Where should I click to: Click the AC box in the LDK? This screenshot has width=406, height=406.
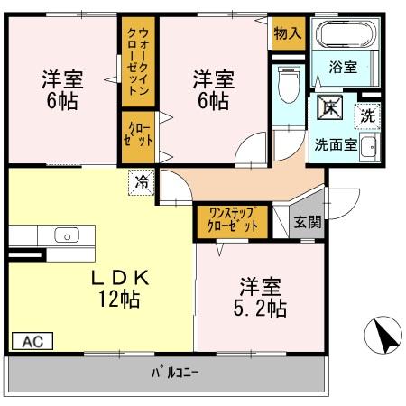coord(32,341)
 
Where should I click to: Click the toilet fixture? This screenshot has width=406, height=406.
coord(289,85)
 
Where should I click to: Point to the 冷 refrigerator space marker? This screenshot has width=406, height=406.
coord(142,182)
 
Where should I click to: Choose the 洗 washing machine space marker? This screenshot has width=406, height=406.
coord(367,116)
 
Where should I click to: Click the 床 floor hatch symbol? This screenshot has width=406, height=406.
coord(330,107)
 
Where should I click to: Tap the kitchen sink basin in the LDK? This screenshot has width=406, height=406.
coord(67,235)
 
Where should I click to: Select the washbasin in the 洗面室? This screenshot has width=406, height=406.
coord(368,147)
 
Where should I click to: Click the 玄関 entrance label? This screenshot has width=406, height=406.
coord(308,222)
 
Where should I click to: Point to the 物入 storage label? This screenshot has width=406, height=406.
coord(288,32)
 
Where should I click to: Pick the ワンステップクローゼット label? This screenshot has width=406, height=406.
coord(233,220)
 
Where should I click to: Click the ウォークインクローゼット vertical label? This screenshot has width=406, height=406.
coord(138,61)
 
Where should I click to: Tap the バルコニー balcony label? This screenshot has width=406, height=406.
coord(175,374)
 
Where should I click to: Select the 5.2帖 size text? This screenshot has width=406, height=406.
coord(260,309)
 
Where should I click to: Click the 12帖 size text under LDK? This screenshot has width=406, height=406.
coord(119,299)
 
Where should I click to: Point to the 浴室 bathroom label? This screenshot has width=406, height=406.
coord(343,67)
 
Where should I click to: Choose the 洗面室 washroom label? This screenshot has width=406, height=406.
coord(336,145)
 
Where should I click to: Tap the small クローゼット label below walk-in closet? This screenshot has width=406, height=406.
coord(138,134)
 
